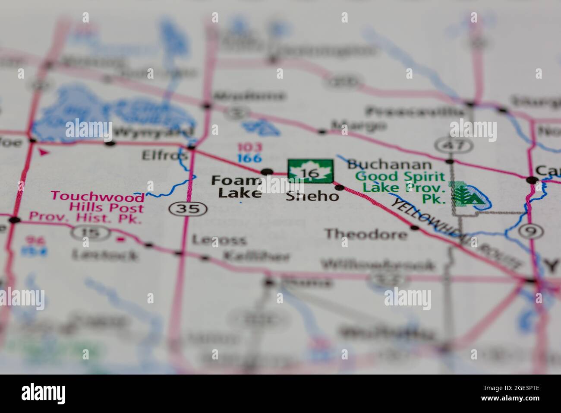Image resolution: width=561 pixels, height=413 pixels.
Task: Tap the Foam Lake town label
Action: click(236, 187)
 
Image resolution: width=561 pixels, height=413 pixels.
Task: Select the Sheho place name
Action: click(312, 197)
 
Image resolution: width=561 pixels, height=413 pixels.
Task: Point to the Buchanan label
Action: click(389, 164)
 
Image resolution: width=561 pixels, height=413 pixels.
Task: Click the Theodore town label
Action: click(366, 234)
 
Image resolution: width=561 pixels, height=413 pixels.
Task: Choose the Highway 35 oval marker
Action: click(188, 209)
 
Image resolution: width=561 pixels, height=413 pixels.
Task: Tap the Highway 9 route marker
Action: click(531, 231)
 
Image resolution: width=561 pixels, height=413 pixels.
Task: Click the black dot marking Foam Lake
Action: click(268, 172)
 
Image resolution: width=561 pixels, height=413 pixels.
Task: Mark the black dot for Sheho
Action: click(340, 187)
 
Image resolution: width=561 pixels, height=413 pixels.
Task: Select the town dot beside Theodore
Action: click(415, 227)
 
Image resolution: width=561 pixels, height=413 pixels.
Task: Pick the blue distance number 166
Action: click(249, 158)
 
